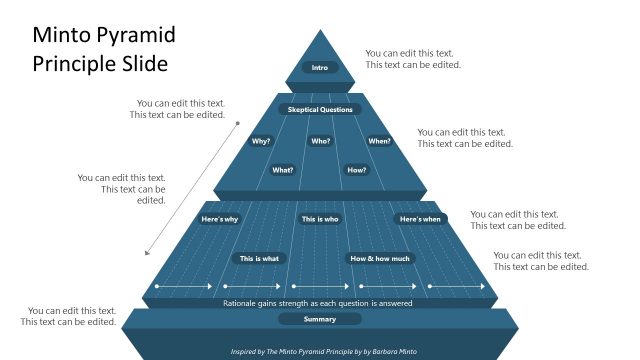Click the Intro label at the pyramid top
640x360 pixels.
click(x=320, y=68)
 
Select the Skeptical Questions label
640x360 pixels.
click(x=320, y=109)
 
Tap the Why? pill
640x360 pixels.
click(x=261, y=141)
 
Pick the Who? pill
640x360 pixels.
click(x=320, y=141)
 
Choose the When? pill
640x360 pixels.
click(x=379, y=141)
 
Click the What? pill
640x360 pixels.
click(x=283, y=170)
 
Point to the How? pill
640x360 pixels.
click(x=357, y=170)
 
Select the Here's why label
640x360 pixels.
click(x=220, y=219)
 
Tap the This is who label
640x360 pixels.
click(x=320, y=219)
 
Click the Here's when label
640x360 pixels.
click(x=420, y=219)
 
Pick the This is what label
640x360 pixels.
click(x=260, y=258)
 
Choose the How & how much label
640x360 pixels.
click(x=380, y=258)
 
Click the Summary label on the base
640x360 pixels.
click(x=320, y=319)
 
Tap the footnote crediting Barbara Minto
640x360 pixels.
click(x=320, y=351)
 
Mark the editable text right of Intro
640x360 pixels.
click(x=413, y=59)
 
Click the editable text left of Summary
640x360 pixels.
click(x=69, y=316)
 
